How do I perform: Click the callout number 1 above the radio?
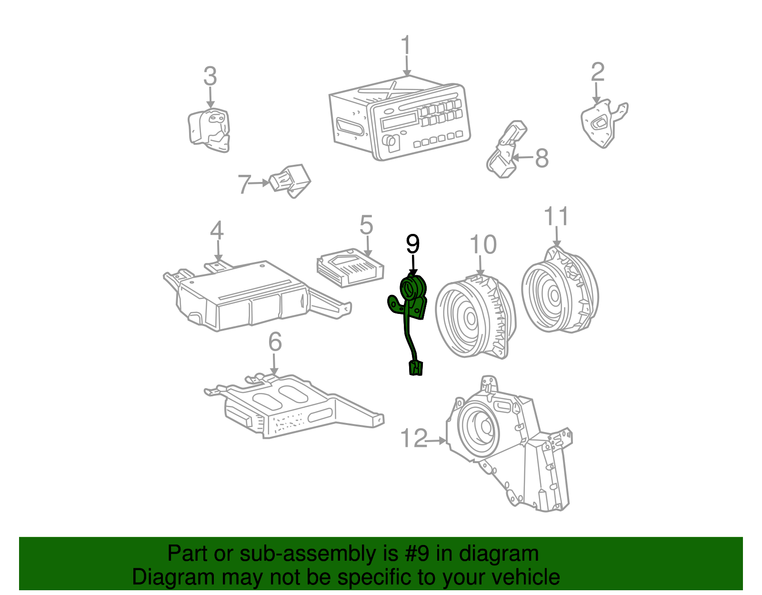point(406,45)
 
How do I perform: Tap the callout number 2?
point(598,72)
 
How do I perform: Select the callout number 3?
point(210,76)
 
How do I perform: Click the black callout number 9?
point(413,244)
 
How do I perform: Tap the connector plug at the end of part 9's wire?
point(416,368)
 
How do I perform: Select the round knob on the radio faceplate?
point(390,141)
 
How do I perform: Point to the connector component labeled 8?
point(506,150)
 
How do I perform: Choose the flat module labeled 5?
point(350,268)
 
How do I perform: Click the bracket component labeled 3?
point(209,130)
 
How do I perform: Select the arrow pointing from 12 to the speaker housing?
point(437,440)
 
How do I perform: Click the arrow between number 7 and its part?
point(259,182)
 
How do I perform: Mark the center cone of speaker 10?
point(470,318)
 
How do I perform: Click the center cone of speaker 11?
point(554,296)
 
